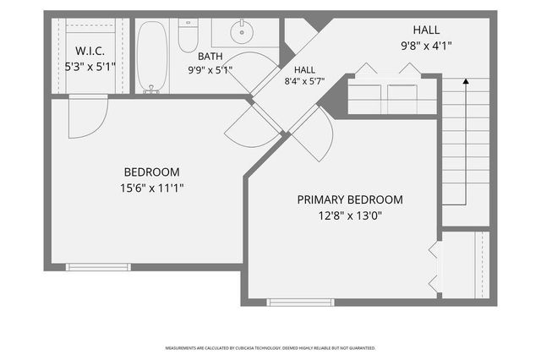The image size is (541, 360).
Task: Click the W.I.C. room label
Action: coord(90,51)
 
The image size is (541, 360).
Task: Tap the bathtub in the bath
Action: coord(152,57)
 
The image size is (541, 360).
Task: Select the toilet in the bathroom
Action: coord(188,35)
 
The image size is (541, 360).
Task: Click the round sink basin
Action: coord(242,32)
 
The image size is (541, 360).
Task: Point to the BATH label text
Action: coord(210,57)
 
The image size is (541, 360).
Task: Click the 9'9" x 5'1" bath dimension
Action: coord(210,70)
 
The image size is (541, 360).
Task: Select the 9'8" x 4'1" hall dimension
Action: coord(426,46)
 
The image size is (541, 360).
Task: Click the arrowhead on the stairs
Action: coord(466,81)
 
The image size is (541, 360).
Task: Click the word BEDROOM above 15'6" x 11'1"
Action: coord(152,172)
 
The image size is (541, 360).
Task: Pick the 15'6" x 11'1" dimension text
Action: coord(152,188)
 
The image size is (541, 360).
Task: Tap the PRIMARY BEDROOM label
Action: coord(350,199)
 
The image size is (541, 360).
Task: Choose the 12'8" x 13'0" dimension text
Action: coord(350,215)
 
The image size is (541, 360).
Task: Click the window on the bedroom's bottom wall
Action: coord(98,267)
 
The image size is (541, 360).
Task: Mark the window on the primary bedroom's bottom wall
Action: coord(301,303)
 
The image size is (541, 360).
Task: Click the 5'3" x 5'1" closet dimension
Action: coord(90,67)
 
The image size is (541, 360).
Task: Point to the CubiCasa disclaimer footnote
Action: coord(270,348)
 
